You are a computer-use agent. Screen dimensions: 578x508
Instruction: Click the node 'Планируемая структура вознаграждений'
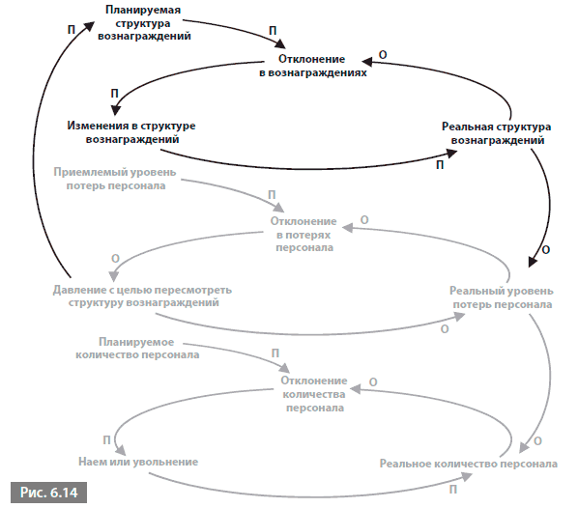pyautogui.click(x=144, y=23)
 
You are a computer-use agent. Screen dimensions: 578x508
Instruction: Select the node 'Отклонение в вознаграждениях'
pyautogui.click(x=312, y=66)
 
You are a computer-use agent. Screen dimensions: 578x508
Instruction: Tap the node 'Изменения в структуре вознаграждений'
pyautogui.click(x=131, y=132)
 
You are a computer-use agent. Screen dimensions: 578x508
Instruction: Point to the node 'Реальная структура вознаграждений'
pyautogui.click(x=497, y=133)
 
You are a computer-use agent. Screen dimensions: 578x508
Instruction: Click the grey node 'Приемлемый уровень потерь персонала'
pyautogui.click(x=115, y=179)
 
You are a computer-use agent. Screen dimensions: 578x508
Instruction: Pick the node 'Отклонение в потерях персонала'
pyautogui.click(x=303, y=234)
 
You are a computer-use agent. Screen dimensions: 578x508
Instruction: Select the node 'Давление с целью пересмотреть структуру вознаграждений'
pyautogui.click(x=142, y=296)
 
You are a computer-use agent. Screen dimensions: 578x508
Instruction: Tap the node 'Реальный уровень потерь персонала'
pyautogui.click(x=502, y=297)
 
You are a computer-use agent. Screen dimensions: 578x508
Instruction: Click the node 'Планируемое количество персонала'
pyautogui.click(x=137, y=348)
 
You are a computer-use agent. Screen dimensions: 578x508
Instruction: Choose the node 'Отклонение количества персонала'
pyautogui.click(x=314, y=394)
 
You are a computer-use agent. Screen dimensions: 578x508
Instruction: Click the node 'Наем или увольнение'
pyautogui.click(x=138, y=462)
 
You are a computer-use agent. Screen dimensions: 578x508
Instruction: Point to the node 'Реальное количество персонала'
pyautogui.click(x=469, y=464)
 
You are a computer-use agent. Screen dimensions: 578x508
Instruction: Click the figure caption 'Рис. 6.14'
pyautogui.click(x=48, y=493)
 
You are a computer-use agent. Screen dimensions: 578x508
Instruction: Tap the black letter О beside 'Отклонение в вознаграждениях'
pyautogui.click(x=383, y=55)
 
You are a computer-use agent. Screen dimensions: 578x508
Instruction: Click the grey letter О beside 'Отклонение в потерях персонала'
pyautogui.click(x=364, y=220)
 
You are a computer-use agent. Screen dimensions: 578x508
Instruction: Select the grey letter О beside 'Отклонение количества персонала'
pyautogui.click(x=373, y=382)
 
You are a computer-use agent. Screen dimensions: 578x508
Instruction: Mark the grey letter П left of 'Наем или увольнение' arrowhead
pyautogui.click(x=106, y=439)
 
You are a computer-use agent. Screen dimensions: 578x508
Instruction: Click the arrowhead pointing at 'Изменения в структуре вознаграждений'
pyautogui.click(x=116, y=109)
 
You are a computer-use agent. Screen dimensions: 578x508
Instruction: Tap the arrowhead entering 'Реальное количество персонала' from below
pyautogui.click(x=466, y=477)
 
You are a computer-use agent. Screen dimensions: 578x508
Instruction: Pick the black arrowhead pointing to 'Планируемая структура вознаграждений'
pyautogui.click(x=89, y=25)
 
